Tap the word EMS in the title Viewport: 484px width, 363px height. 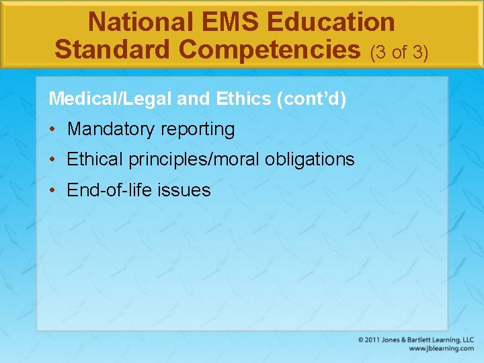coord(218,22)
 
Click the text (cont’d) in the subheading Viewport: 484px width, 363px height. coord(311,99)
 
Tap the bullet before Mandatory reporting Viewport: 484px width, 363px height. coord(53,129)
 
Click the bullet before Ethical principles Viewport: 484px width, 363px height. coord(53,159)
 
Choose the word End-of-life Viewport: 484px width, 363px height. coord(110,190)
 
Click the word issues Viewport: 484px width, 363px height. coord(184,190)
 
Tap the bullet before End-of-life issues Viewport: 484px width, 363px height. coord(53,190)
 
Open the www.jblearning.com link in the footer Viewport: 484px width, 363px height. coord(441,349)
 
